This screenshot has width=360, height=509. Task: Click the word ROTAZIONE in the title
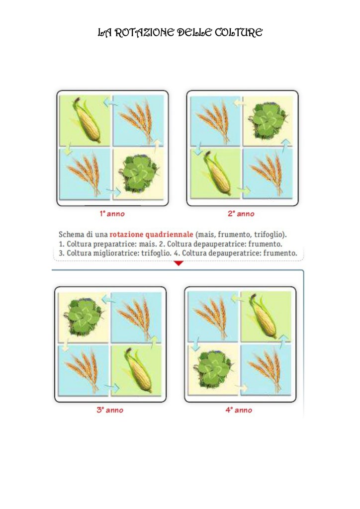pos(145,32)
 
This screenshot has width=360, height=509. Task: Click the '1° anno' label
pos(112,214)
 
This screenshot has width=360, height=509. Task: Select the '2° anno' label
pos(241,214)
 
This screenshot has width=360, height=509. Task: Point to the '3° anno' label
pos(110,410)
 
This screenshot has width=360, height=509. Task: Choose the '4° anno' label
pos(239,410)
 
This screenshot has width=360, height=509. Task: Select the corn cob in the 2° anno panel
pos(217,172)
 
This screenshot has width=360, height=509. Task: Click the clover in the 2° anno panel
pos(268,120)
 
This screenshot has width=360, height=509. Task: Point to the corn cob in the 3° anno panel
pos(138,370)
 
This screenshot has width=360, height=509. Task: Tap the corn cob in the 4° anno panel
pos(263,316)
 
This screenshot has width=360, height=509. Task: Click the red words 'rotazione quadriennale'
pos(151,235)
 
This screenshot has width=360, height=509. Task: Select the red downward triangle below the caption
pos(179,263)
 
